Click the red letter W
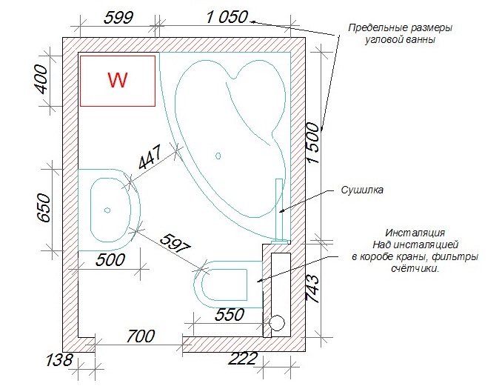[118, 80]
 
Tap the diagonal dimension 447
[152, 159]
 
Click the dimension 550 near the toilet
[230, 315]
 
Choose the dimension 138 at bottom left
[59, 361]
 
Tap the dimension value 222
[242, 359]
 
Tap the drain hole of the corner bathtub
[218, 156]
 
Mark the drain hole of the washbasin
[107, 210]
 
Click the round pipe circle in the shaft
[276, 322]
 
